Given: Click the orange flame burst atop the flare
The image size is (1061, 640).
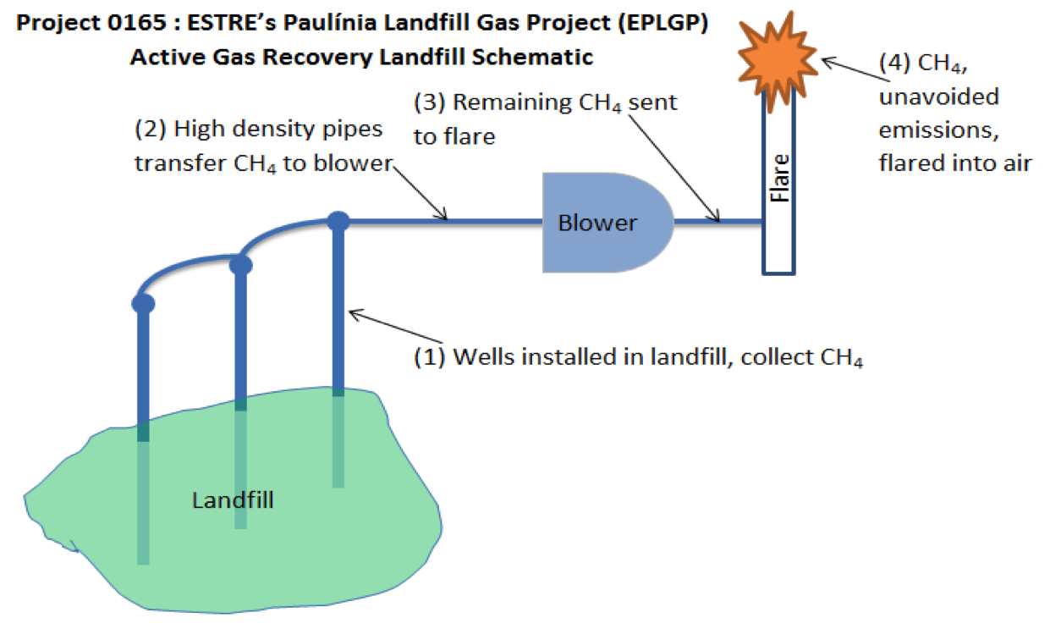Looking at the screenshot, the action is coord(778,60).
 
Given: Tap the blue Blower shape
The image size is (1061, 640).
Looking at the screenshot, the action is coord(607,223).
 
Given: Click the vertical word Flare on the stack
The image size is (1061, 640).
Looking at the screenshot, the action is coord(780,179).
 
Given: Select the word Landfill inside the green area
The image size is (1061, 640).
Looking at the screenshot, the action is coord(233,499).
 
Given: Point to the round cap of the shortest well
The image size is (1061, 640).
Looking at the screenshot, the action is coord(143,303).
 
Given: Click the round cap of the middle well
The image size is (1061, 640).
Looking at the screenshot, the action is coord(240,264).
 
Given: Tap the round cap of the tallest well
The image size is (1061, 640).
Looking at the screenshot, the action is coord(338,222).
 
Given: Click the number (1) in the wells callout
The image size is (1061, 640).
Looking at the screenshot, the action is coord(430,357).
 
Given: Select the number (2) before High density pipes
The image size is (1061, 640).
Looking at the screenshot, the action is coord(151,129).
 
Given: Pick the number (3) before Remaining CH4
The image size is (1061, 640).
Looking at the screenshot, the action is coord(430,102).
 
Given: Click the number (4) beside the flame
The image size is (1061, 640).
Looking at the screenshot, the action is coord(895,63).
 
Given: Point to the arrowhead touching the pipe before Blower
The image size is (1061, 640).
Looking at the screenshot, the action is coord(442,215).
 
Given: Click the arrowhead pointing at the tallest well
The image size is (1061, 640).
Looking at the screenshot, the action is coord(355,314).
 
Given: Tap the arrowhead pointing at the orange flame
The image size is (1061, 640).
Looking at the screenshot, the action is coord(828,62).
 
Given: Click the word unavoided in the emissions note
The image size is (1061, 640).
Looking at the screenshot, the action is coord(939,97).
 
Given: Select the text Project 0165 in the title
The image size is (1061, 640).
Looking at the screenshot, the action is coord(91,23).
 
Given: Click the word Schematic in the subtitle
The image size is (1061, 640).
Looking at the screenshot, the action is coord(532,57).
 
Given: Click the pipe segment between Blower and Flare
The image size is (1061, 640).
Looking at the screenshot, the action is coord(718,221).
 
